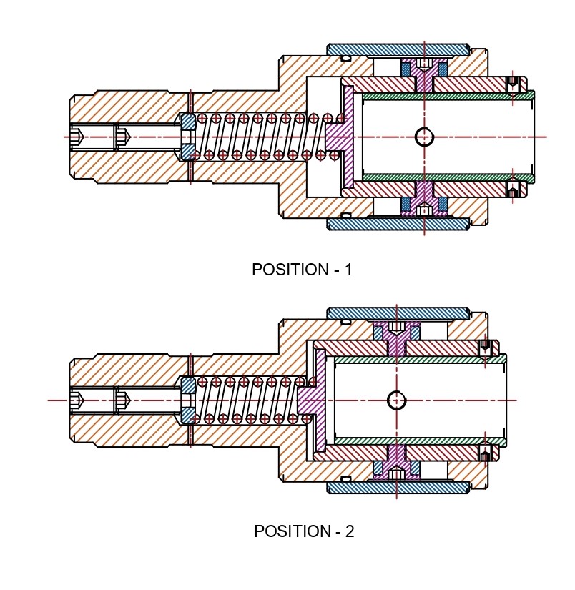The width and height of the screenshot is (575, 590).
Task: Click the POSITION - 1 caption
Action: point(302,270)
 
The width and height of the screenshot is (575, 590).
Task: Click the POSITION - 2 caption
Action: point(304,532)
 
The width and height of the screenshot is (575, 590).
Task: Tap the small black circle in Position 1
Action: point(425,137)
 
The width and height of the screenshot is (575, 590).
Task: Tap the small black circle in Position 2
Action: point(397,400)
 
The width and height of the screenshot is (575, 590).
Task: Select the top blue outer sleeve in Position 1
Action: point(398,50)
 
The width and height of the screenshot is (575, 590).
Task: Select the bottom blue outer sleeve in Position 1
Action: point(398,224)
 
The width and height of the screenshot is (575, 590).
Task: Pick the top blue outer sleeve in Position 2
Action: point(398,313)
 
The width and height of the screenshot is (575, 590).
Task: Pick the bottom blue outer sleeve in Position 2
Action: point(398,487)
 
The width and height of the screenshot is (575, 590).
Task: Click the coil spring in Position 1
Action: point(257,137)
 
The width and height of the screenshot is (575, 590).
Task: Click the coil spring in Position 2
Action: point(247,400)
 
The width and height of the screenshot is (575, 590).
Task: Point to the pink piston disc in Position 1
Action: point(348,137)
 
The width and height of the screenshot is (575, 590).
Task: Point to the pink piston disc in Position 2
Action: point(320,400)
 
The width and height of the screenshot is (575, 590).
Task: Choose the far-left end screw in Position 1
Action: point(80,137)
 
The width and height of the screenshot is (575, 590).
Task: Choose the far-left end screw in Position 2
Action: point(80,400)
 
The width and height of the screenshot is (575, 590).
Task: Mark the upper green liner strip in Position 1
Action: point(447,95)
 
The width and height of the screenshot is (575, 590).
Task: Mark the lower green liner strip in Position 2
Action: point(418,441)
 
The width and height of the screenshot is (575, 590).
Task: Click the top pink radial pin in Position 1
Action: point(424,77)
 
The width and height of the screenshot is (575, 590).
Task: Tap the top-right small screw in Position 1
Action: point(512,84)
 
